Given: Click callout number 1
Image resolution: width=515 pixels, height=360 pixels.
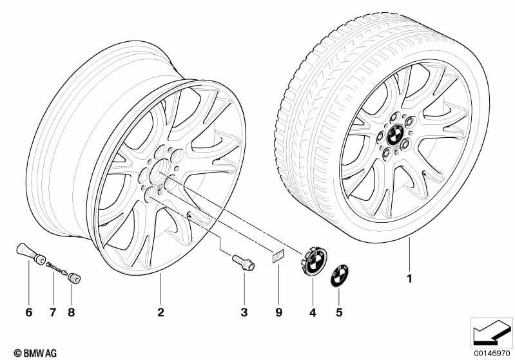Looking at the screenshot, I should [408, 279].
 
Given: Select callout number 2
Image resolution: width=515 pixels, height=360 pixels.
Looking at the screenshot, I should [160, 313].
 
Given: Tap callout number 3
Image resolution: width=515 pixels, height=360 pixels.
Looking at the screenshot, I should [244, 313].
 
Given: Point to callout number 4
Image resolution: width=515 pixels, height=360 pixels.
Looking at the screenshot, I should [312, 313].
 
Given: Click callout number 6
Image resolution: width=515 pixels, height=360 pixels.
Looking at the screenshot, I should [28, 313].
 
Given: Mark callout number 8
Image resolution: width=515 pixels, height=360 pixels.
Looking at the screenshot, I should [71, 313].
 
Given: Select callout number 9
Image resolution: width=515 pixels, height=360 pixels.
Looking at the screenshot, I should [279, 313].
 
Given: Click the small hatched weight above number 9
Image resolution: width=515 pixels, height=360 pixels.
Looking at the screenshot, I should [278, 256].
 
